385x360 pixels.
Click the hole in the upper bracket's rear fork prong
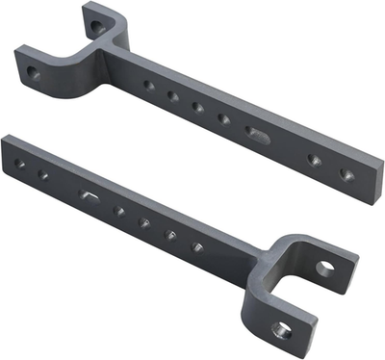coord(94,28)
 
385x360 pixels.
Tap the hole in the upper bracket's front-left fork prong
coord(34,72)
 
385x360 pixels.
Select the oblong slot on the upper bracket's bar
coord(258,133)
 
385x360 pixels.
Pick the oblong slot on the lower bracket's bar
coord(90,195)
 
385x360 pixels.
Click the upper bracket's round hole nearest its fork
coord(148,85)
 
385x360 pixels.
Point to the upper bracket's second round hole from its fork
coord(173,95)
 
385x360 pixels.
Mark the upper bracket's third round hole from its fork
coord(198,107)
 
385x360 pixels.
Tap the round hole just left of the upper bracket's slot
coord(223,118)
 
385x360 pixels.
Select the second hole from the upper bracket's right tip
coord(314,160)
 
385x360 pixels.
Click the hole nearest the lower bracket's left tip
coord(19,164)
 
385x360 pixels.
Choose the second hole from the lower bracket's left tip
coord(42,174)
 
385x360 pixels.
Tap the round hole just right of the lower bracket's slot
coord(119,210)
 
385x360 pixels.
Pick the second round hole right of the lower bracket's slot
coord(145,222)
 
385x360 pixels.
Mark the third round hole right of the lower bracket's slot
coord(171,234)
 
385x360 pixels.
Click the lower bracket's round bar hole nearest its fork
coord(197,246)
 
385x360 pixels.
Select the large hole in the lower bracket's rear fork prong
coord(324,269)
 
